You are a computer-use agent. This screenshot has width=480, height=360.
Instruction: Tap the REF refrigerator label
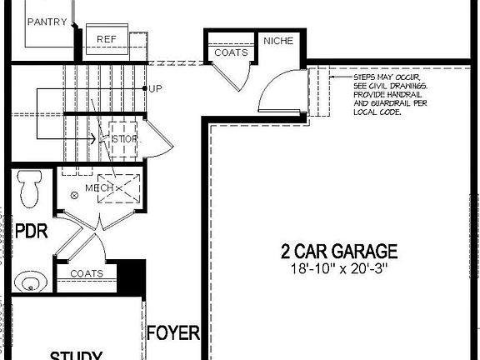(106, 39)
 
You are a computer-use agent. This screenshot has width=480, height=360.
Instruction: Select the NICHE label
(278, 40)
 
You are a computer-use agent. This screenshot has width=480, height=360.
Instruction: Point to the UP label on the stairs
(155, 87)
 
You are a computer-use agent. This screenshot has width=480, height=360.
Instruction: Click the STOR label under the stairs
(124, 138)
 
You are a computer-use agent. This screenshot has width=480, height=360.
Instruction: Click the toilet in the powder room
(31, 188)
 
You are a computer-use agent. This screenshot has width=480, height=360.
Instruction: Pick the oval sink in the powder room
(30, 282)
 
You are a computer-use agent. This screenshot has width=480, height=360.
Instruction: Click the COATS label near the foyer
(87, 273)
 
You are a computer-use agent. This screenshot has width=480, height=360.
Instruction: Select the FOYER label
(173, 334)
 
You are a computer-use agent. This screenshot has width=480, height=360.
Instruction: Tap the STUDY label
(76, 356)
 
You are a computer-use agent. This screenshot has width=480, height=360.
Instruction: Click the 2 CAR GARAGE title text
(338, 252)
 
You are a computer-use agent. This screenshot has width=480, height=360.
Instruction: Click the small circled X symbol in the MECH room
(74, 194)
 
